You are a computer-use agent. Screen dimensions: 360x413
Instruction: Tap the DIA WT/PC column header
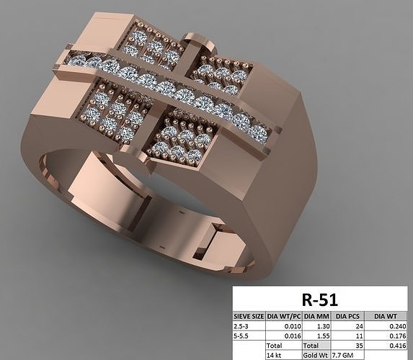tap(284, 315)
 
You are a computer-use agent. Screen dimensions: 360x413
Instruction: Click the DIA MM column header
tap(316, 315)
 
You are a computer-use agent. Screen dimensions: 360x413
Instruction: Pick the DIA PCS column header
tap(349, 315)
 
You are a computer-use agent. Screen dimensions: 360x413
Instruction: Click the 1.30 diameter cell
tap(321, 325)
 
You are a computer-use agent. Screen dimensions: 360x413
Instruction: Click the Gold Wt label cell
tap(314, 355)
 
